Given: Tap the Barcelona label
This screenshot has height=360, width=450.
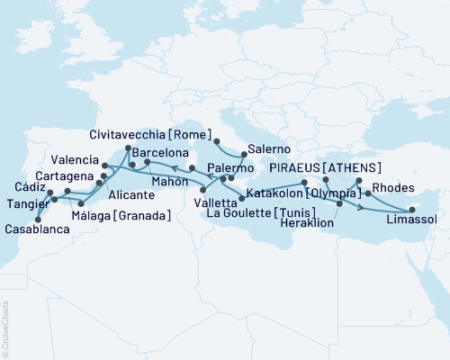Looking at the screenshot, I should coord(159,153).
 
